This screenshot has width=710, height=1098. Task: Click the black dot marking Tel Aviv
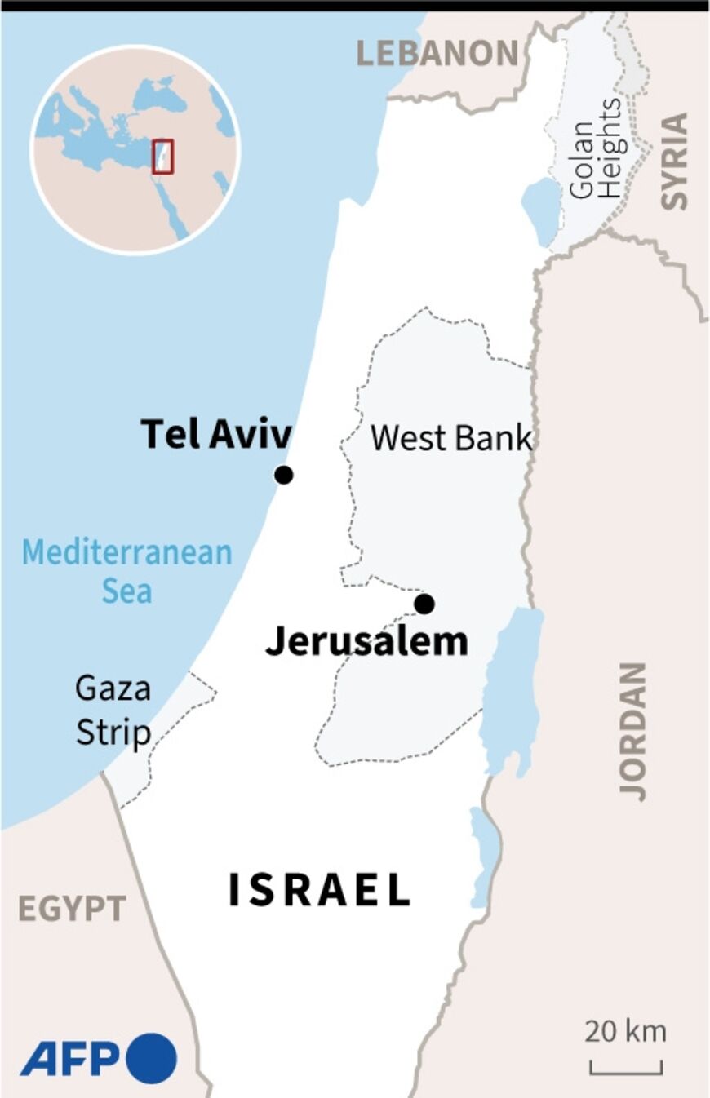point(283,475)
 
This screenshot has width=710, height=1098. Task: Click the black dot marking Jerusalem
point(424,604)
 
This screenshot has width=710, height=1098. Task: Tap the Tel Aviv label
point(215,434)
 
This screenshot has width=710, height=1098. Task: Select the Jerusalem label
point(366,642)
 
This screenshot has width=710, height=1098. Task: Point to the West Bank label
point(451,438)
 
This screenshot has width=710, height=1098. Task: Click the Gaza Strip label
point(113,710)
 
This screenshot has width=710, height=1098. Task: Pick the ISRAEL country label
point(318,889)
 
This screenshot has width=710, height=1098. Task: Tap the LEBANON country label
point(437,54)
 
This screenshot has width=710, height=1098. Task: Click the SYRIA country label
point(674,162)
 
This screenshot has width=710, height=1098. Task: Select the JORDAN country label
point(633,730)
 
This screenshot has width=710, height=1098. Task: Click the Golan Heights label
point(595,148)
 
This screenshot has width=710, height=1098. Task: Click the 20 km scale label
point(625,1031)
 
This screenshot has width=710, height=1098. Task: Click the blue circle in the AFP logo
point(150,1058)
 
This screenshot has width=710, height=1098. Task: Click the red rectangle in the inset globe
point(163,156)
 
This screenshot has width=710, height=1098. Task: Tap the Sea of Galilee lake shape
point(539,210)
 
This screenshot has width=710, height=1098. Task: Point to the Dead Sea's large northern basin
point(511,685)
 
